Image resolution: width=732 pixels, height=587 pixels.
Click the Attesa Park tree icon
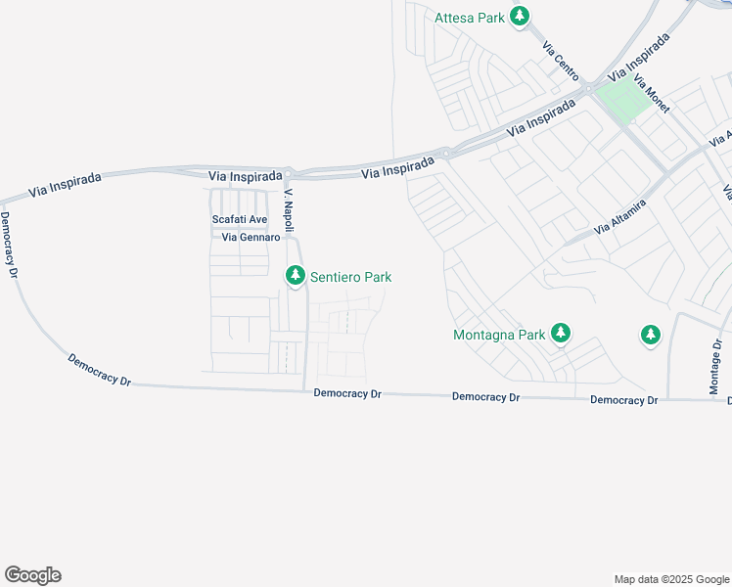point(520,16)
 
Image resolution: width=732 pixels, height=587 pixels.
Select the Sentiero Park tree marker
point(295,277)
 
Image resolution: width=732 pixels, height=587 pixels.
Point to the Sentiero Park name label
point(350,278)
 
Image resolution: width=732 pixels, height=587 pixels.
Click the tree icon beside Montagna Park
point(560,335)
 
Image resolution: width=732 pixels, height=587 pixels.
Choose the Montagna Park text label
point(499,336)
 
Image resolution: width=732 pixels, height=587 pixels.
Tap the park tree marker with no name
point(650,336)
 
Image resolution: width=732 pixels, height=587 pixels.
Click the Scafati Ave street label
point(240,220)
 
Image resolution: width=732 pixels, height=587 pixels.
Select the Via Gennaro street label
point(252,238)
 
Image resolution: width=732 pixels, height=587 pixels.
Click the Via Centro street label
point(561,59)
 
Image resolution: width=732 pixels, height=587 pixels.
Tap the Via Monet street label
point(652,94)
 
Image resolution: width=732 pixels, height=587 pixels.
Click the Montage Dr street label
point(716,368)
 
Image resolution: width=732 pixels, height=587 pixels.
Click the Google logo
point(32,574)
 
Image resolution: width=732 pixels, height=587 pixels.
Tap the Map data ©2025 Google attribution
point(671,579)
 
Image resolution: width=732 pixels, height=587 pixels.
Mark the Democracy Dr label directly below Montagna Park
point(486,397)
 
